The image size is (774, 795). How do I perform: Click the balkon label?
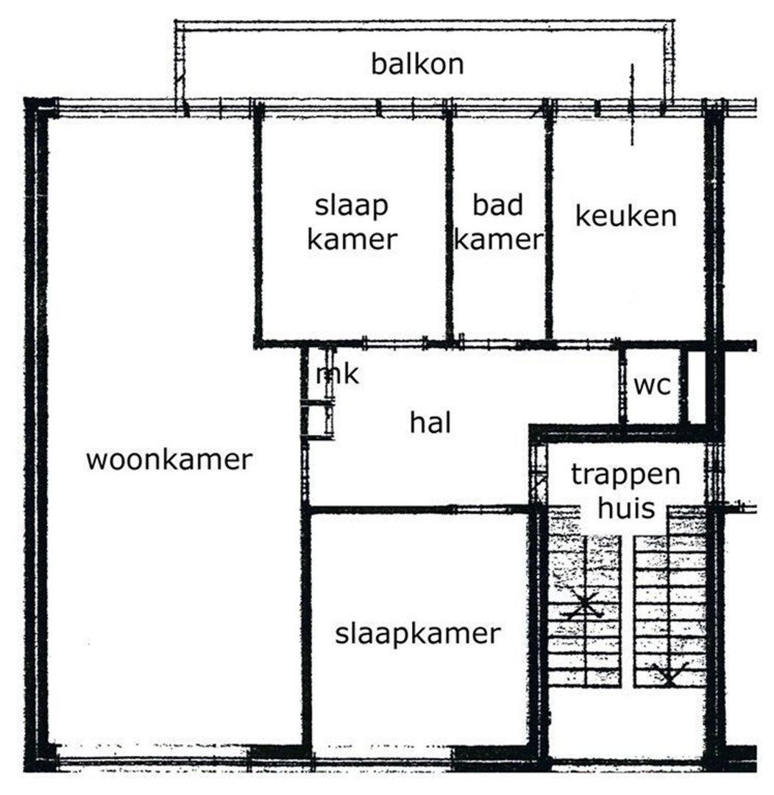tap(417, 65)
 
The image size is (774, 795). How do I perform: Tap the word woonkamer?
tap(169, 461)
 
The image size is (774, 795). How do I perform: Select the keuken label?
tap(625, 217)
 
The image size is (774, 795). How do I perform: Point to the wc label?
tap(653, 386)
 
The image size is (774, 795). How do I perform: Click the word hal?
tap(430, 423)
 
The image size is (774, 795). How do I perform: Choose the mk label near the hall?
tap(337, 375)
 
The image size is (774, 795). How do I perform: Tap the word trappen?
tap(626, 475)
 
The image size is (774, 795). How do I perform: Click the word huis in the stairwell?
tap(625, 508)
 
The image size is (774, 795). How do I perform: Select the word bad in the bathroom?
tap(498, 205)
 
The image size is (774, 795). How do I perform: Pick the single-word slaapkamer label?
tap(417, 634)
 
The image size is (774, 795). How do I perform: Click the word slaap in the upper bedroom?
tap(352, 206)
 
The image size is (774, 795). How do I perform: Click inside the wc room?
tap(653, 405)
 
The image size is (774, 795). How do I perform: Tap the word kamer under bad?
tap(498, 240)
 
